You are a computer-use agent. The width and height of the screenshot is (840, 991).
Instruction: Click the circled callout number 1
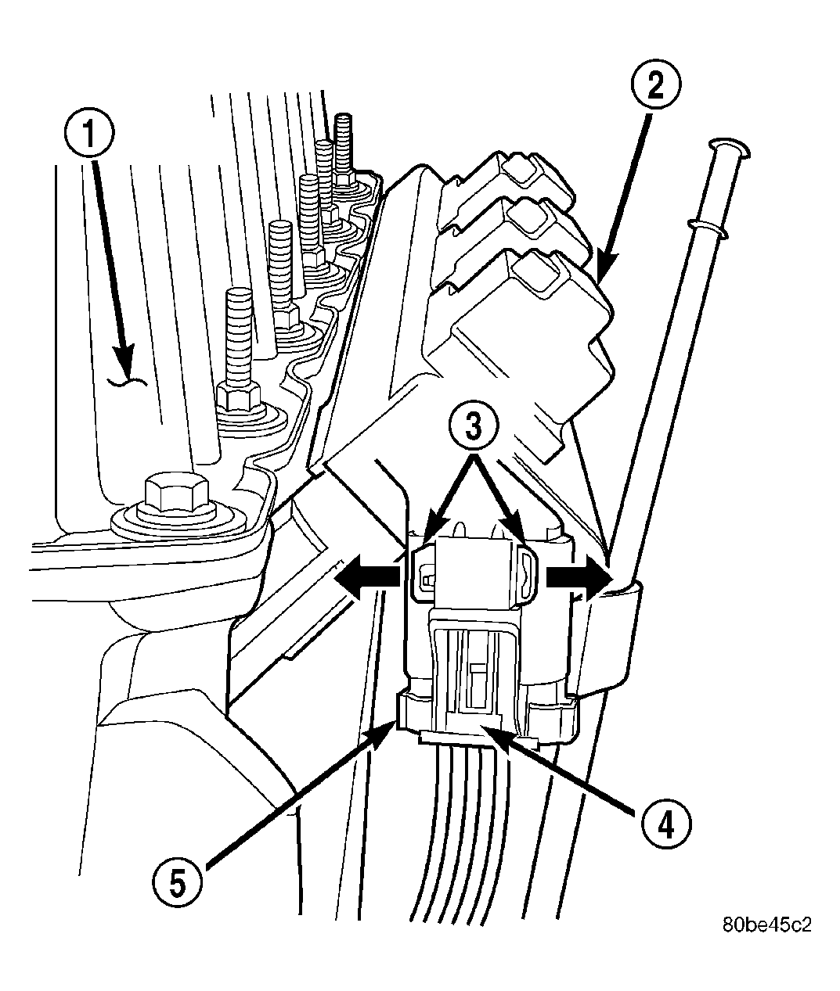tap(89, 132)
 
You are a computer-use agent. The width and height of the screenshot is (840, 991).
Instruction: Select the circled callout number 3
tap(474, 426)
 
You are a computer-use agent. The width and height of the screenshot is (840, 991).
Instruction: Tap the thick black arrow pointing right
tap(579, 580)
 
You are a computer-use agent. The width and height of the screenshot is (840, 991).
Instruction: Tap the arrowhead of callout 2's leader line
tap(604, 273)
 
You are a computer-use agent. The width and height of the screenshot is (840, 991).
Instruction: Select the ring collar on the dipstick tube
tap(708, 228)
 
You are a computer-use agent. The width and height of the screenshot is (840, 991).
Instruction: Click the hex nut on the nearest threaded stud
tap(239, 396)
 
